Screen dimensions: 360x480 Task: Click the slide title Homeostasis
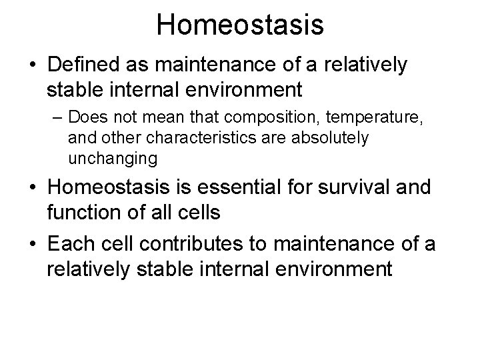point(240,25)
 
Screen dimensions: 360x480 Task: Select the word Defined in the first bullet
point(80,66)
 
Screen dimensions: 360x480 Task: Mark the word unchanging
point(113,159)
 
